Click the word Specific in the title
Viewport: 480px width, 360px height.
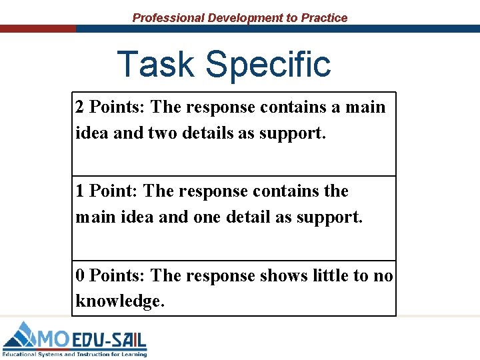(268, 65)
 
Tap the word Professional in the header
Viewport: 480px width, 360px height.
(168, 18)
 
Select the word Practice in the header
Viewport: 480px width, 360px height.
(324, 18)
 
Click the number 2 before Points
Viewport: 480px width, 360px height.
(80, 107)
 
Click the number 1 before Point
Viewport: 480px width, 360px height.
(80, 191)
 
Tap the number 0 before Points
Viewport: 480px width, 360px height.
(80, 276)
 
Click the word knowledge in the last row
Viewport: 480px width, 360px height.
(119, 301)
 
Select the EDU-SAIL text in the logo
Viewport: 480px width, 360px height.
(109, 339)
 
